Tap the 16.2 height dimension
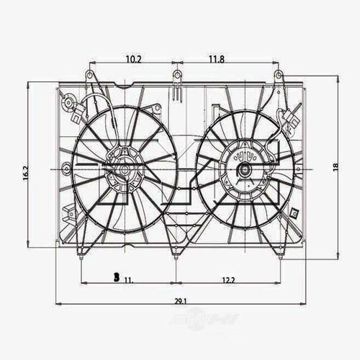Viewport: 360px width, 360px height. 24,174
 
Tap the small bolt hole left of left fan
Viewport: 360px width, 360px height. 66,170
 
